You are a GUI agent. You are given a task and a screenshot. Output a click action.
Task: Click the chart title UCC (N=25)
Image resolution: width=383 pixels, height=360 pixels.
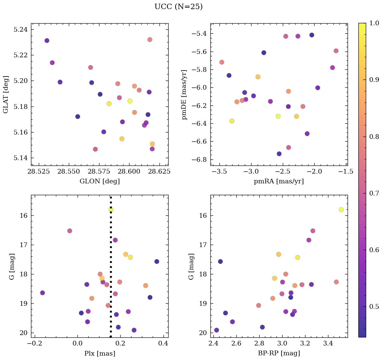pyautogui.click(x=178, y=7)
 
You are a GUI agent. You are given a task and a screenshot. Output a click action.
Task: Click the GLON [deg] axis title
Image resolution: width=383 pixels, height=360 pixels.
pyautogui.click(x=99, y=181)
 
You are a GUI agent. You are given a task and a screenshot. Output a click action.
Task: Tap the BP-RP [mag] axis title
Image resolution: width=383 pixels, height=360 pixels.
pyautogui.click(x=279, y=353)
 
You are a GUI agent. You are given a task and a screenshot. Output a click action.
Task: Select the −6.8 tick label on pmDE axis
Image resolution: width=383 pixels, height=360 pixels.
pyautogui.click(x=199, y=160)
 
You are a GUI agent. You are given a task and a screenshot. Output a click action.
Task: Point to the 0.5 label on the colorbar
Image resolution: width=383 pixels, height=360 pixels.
pyautogui.click(x=375, y=307)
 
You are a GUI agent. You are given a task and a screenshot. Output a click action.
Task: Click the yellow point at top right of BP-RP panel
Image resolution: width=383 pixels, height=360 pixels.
pyautogui.click(x=341, y=210)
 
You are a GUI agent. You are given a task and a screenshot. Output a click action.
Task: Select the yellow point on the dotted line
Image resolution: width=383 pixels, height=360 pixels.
pyautogui.click(x=111, y=210)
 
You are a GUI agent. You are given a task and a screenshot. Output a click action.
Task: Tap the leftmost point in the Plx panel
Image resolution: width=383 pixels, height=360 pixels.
pyautogui.click(x=42, y=293)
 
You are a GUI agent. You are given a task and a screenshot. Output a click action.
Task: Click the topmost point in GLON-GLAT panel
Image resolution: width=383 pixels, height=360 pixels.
pyautogui.click(x=150, y=40)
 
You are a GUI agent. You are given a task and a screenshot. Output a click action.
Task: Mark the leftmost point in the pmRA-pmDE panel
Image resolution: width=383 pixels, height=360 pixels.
pyautogui.click(x=222, y=62)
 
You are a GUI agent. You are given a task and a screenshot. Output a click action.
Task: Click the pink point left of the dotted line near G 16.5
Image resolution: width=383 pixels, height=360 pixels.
pyautogui.click(x=70, y=231)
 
